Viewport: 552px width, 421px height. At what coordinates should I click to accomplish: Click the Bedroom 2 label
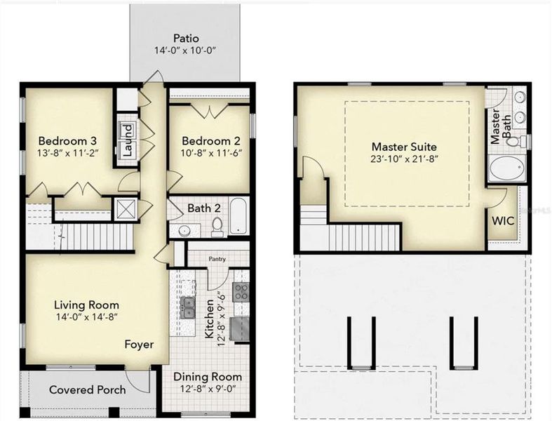[x=208, y=138]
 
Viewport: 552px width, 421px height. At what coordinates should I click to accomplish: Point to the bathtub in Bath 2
[x=238, y=215]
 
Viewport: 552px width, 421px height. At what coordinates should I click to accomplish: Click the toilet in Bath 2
[x=217, y=226]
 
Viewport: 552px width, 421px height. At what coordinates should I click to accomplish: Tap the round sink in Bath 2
[x=184, y=229]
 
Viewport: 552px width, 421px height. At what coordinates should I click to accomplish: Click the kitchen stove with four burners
[x=240, y=292]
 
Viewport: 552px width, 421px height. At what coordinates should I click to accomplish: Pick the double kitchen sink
[x=188, y=305]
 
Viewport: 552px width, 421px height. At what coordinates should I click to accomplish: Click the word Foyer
[x=140, y=345]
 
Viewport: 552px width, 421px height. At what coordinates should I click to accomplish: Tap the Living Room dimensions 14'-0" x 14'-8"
[x=86, y=317]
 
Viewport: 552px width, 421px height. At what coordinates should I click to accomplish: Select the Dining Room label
[x=207, y=377]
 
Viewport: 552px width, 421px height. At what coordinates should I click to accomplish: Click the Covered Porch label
[x=88, y=389]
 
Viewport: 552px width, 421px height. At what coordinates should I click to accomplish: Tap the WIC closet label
[x=503, y=219]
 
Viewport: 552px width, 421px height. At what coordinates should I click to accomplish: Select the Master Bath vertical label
[x=495, y=126]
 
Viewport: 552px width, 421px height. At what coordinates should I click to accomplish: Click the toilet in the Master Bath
[x=515, y=141]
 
